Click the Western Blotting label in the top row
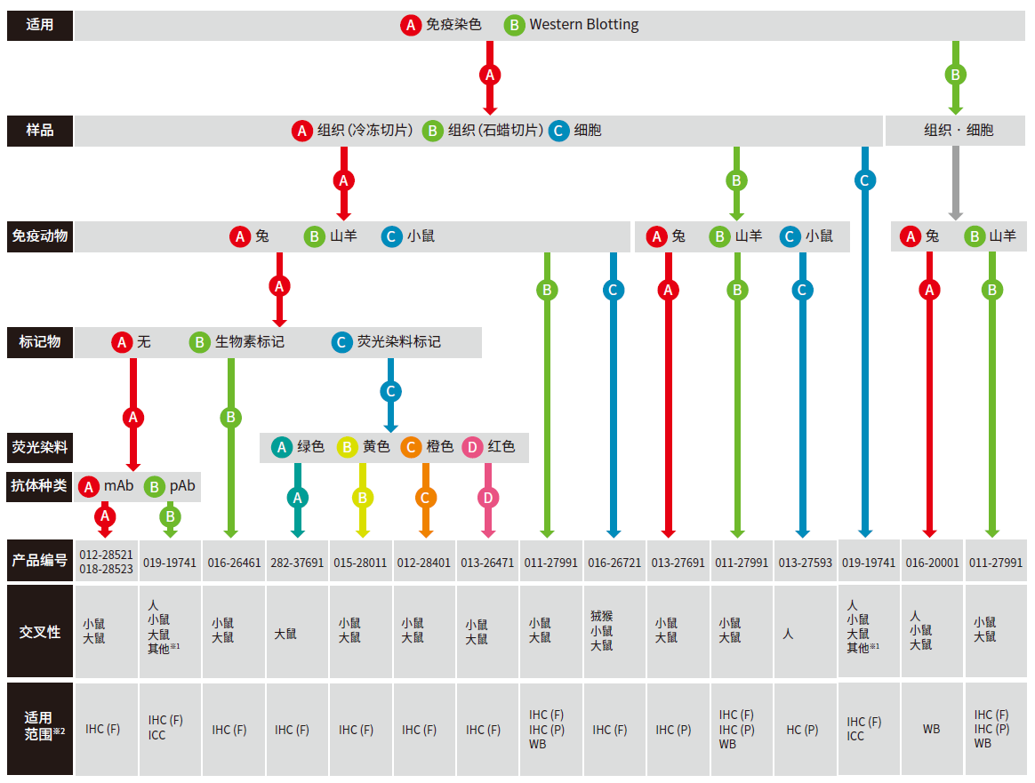[x=583, y=25]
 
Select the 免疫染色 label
[x=453, y=25]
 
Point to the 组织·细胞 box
[x=958, y=131]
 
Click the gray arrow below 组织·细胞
[x=956, y=183]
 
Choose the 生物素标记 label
[x=249, y=342]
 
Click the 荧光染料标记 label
[x=398, y=342]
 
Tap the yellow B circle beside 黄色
[x=347, y=447]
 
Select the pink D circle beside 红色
[x=473, y=447]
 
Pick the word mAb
[x=118, y=486]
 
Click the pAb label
[x=181, y=486]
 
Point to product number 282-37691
[x=298, y=563]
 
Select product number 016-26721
[x=614, y=563]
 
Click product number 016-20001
[x=933, y=563]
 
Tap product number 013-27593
[x=805, y=563]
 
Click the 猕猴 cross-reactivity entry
[x=602, y=616]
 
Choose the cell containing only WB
[x=931, y=729]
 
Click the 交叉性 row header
[x=40, y=631]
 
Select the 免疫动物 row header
[x=40, y=236]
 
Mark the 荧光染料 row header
[x=40, y=447]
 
